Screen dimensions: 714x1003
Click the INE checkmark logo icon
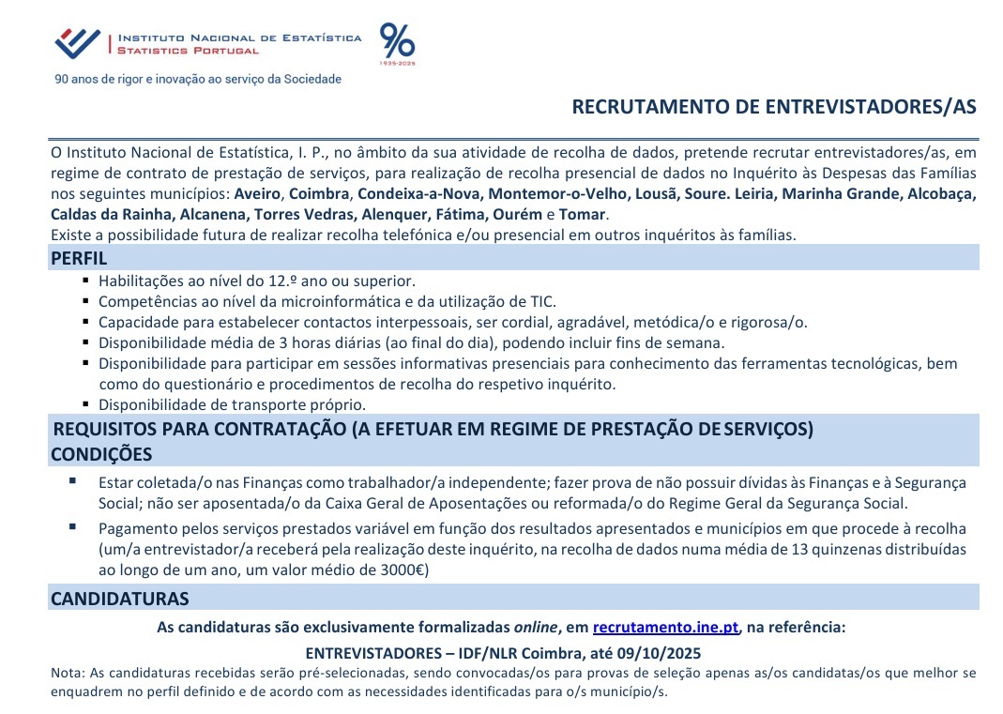click(77, 42)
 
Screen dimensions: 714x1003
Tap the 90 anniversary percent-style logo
click(396, 43)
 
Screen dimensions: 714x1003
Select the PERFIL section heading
click(79, 258)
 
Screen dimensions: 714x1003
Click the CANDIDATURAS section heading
click(119, 599)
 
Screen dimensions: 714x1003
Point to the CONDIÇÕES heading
click(101, 455)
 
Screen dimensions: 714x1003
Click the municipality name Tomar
click(586, 215)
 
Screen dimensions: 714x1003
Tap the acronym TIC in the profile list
click(542, 301)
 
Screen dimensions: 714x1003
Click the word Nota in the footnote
click(66, 673)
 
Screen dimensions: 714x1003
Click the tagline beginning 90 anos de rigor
click(199, 80)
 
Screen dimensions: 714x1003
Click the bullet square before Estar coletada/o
click(73, 481)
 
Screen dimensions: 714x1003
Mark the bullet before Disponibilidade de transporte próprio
click(85, 403)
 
